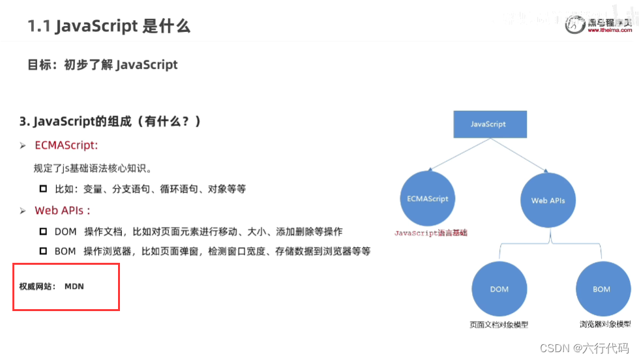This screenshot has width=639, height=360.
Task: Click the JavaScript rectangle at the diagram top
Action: [488, 124]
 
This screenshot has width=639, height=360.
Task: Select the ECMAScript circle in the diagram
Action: [428, 199]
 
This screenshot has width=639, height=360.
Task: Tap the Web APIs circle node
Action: [548, 200]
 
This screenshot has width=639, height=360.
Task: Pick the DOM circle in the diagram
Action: [499, 289]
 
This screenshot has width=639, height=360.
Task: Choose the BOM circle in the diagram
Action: [601, 289]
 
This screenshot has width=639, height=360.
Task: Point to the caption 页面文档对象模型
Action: [499, 324]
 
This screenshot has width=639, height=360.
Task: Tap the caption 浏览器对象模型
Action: [604, 324]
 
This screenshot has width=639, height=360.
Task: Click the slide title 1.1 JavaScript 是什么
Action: [109, 27]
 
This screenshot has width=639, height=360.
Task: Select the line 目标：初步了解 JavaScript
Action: [102, 65]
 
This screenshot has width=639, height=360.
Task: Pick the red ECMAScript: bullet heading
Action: [67, 145]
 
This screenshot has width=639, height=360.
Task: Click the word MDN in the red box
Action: [74, 286]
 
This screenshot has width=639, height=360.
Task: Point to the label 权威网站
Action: [37, 286]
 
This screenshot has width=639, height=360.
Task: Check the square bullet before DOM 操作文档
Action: [44, 232]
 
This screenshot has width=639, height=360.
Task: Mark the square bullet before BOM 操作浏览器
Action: [44, 251]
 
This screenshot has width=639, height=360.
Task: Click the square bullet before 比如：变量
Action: [44, 188]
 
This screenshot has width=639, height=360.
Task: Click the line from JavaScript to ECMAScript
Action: [456, 155]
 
